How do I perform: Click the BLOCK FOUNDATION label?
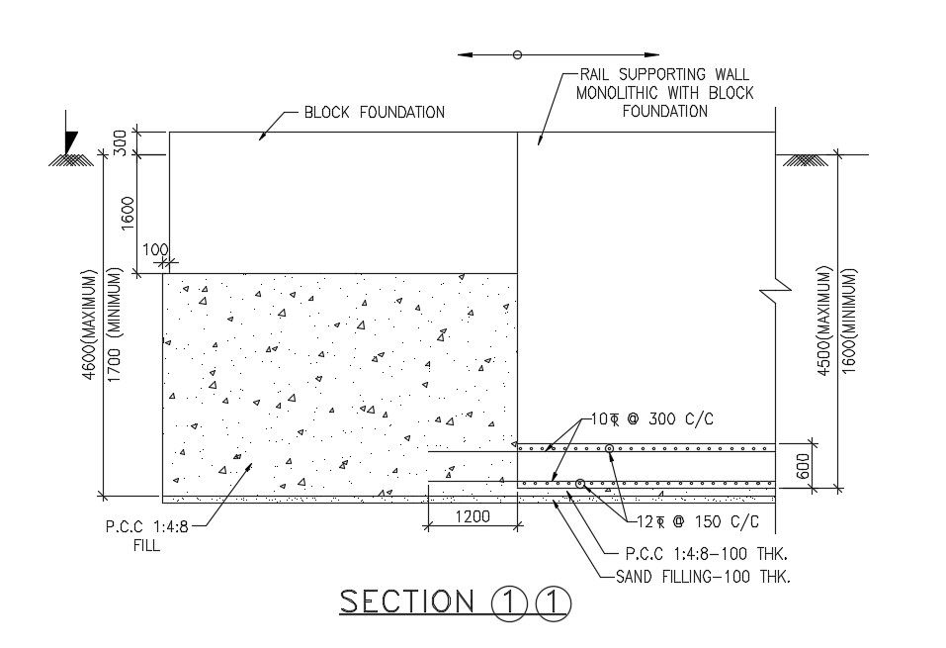pos(374,112)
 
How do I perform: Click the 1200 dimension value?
pos(472,516)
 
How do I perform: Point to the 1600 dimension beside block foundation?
pos(127,212)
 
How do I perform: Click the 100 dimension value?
pos(155,250)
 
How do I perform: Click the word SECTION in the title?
pos(407,601)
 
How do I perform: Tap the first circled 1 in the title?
pos(507,602)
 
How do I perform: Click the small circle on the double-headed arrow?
pos(517,55)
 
